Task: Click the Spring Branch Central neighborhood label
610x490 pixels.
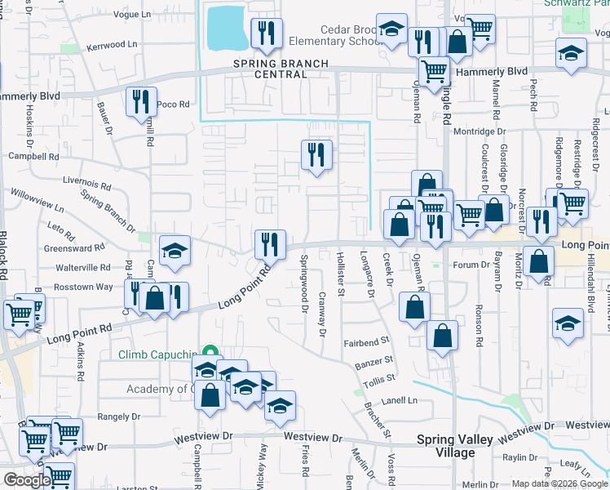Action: [270, 69]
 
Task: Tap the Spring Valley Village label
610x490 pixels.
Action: [454, 445]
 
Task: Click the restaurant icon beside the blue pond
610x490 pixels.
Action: [267, 33]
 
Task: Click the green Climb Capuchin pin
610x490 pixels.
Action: [210, 353]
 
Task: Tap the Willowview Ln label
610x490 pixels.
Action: [38, 198]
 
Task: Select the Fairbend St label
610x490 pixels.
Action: [367, 344]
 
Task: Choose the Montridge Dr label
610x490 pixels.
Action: [480, 131]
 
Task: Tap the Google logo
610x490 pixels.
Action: [27, 479]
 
